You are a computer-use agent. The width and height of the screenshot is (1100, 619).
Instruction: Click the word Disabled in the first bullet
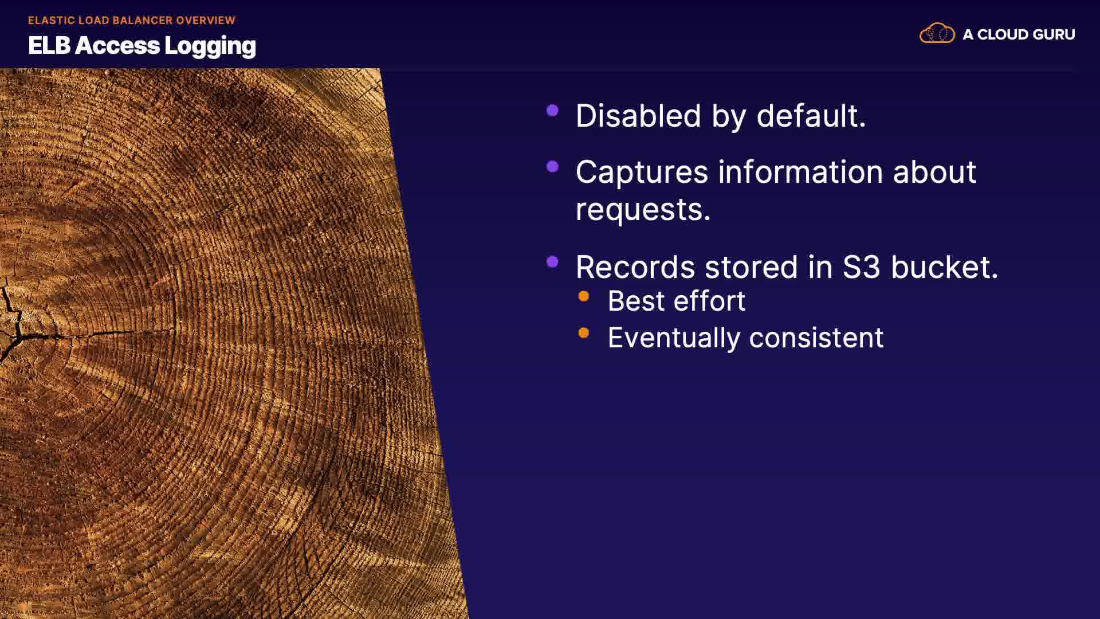638,116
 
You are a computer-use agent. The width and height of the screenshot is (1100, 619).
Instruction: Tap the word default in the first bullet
811,116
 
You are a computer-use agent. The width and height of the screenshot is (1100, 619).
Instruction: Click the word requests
643,210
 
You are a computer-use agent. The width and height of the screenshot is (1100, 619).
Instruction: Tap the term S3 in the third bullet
861,268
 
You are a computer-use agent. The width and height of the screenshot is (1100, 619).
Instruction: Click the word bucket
944,268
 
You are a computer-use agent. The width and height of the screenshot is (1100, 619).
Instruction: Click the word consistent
816,338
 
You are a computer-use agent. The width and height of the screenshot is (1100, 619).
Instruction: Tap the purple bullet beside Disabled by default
553,111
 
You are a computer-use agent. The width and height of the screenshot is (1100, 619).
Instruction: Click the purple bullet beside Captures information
553,167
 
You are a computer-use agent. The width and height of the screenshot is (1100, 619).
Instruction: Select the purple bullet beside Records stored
553,262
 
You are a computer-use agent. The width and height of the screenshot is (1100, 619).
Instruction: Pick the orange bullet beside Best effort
584,296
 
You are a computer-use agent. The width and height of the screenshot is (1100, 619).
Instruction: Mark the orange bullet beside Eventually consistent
584,333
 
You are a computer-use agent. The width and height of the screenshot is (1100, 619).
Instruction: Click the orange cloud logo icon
937,34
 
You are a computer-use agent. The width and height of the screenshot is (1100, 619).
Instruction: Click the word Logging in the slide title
210,46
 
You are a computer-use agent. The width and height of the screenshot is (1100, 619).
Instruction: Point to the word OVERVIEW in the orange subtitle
206,21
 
